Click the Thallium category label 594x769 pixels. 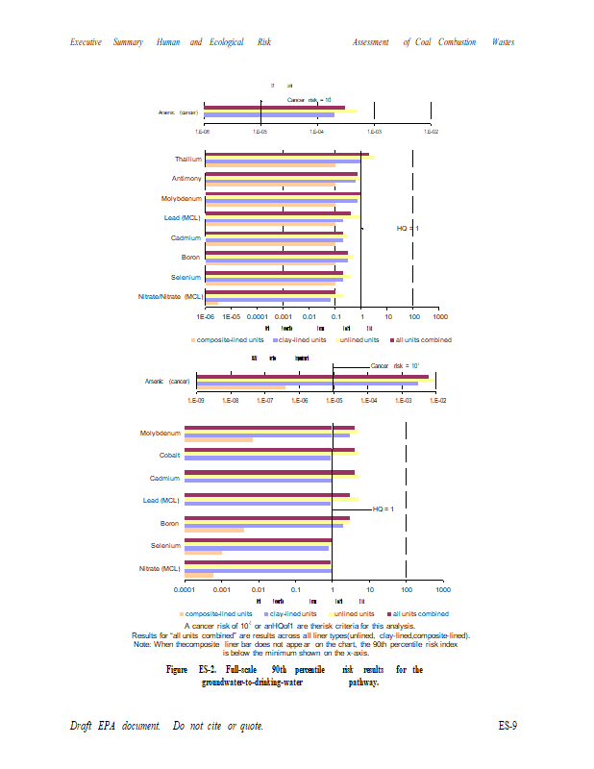click(x=187, y=159)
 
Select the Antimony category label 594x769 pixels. click(x=186, y=178)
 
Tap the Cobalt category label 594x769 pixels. click(x=169, y=454)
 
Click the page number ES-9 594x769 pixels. click(x=507, y=724)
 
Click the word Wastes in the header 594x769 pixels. click(x=503, y=42)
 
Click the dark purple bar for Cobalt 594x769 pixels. click(x=269, y=449)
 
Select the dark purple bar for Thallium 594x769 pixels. click(x=286, y=154)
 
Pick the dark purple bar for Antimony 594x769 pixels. click(x=281, y=174)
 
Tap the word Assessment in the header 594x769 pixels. click(x=370, y=42)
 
